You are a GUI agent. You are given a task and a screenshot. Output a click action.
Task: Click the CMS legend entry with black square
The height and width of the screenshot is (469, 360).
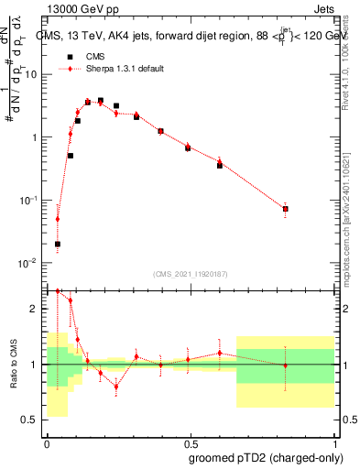click(95, 56)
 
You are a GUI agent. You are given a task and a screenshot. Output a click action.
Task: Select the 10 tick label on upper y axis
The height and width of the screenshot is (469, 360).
click(32, 75)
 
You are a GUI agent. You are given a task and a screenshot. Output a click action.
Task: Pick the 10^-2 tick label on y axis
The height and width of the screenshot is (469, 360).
click(30, 263)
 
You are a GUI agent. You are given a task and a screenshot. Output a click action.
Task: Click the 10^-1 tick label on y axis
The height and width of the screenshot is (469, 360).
click(30, 201)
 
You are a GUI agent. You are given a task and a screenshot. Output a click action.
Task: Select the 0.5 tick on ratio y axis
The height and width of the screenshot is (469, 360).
click(33, 420)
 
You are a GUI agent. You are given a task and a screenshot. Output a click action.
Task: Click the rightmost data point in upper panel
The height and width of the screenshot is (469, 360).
click(286, 209)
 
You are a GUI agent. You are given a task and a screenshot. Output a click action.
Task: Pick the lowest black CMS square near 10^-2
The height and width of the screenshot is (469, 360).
click(58, 244)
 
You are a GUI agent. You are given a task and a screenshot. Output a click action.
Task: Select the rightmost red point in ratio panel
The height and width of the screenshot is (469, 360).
click(286, 365)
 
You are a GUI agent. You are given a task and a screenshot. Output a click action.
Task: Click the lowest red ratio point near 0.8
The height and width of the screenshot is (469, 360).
click(116, 387)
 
